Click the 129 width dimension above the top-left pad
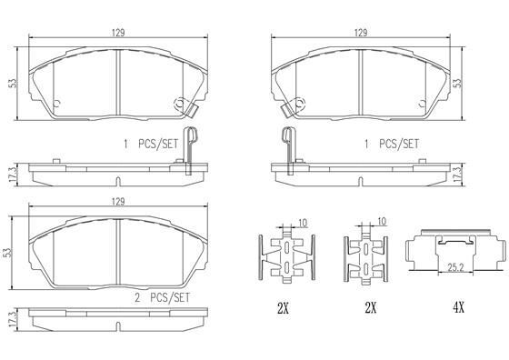118,33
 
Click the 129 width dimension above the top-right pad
360,33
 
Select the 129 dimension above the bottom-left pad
118,202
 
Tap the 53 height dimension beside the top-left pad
13,83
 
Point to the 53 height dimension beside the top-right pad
457,83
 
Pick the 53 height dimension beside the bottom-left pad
7,253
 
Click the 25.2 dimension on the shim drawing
455,267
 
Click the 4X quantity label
459,307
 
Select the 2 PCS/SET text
162,297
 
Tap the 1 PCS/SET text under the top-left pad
151,144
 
